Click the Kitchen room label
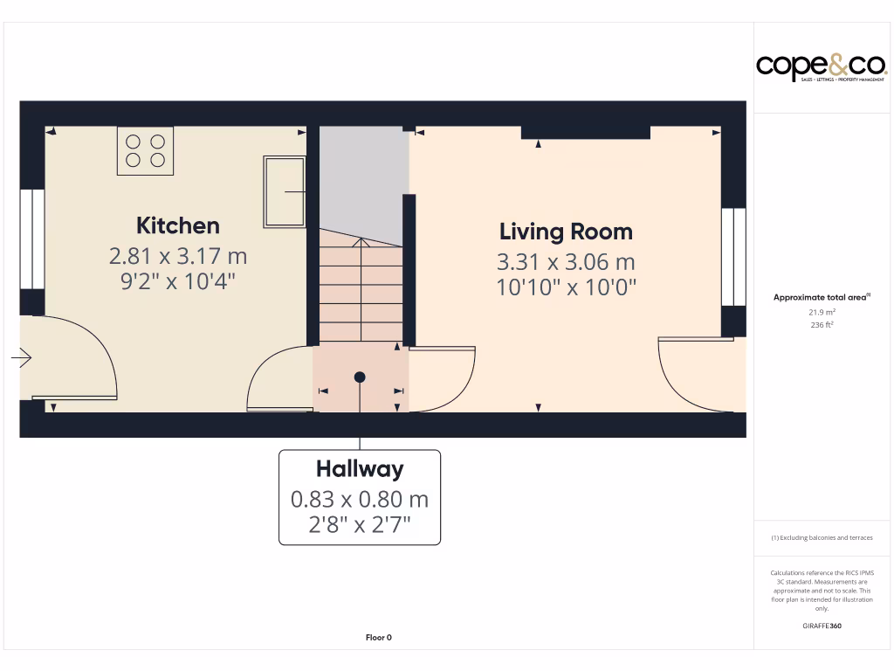[x=177, y=225]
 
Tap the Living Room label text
[x=566, y=232]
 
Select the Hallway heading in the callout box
[x=360, y=469]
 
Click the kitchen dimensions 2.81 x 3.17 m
[x=177, y=256]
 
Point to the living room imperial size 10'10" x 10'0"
[x=566, y=287]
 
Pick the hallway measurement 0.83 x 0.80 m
[x=360, y=500]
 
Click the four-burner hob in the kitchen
[x=145, y=150]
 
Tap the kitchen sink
[x=285, y=191]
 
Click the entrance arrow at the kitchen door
[x=22, y=357]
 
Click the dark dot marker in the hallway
[x=360, y=377]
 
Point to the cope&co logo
[x=822, y=66]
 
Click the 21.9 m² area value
[x=822, y=312]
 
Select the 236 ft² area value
[x=822, y=325]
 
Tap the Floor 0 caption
[x=378, y=638]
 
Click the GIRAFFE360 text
[x=822, y=626]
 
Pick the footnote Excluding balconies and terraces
[x=822, y=538]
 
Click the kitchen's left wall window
[x=32, y=239]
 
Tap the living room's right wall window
[x=733, y=257]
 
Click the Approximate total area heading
[x=821, y=298]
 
